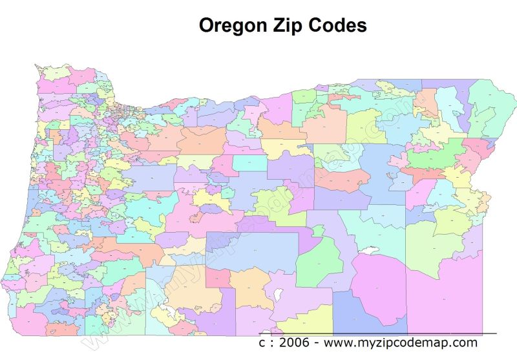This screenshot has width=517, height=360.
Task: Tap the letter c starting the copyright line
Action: tap(262, 343)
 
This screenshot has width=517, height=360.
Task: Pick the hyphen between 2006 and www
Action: tap(317, 343)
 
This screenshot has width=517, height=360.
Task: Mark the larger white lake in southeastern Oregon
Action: tap(369, 249)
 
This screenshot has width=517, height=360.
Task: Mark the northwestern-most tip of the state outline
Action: tap(37, 65)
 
